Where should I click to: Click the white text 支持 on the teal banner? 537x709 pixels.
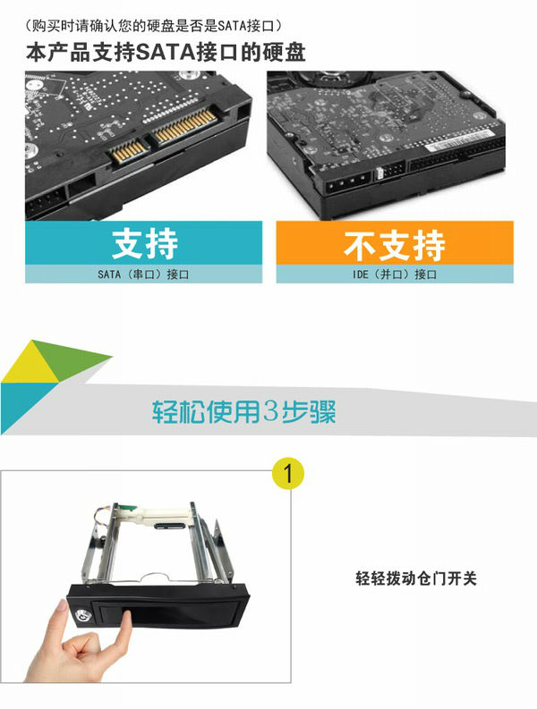click(x=145, y=244)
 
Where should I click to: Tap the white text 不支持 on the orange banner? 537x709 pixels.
click(x=395, y=246)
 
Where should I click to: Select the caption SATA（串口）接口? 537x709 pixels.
click(x=143, y=274)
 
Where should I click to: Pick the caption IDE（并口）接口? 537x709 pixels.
click(x=395, y=274)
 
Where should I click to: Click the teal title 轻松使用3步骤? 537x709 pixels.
click(x=243, y=411)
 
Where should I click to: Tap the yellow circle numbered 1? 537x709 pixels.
click(x=288, y=474)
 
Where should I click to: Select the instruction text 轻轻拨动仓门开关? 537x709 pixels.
click(x=416, y=578)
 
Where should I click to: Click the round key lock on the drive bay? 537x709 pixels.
click(x=82, y=616)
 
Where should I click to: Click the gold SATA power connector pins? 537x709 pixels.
click(x=184, y=126)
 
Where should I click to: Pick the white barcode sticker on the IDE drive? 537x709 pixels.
click(x=458, y=139)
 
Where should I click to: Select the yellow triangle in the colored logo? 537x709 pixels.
click(x=28, y=366)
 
